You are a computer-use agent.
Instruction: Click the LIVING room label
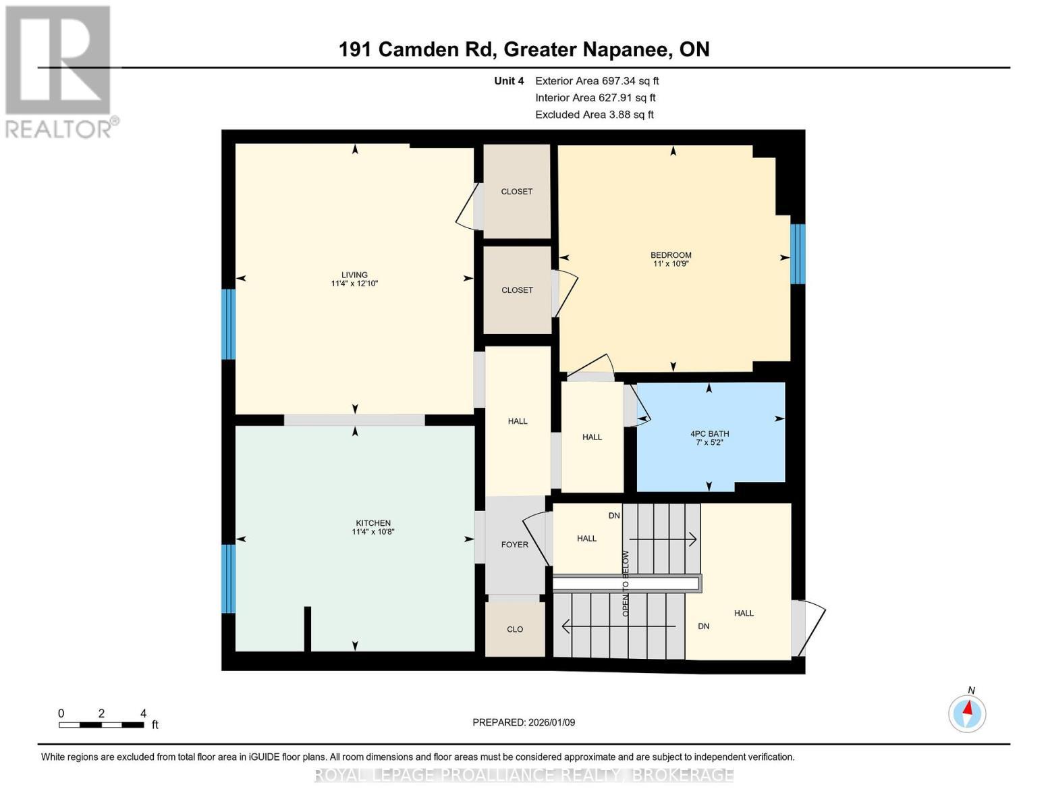point(354,275)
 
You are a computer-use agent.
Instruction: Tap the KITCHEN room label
point(373,523)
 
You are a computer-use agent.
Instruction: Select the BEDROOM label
point(671,255)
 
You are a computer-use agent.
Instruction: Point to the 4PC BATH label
point(709,434)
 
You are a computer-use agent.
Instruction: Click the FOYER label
point(514,545)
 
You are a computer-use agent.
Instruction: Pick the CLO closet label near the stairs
point(515,629)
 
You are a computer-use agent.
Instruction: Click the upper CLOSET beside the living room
point(517,192)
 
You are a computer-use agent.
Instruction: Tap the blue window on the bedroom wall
point(798,254)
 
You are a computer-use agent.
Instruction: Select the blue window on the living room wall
point(229,324)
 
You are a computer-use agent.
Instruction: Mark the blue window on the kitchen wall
point(229,578)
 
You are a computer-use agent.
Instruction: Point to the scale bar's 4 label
point(143,713)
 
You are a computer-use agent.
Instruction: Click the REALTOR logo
point(59,71)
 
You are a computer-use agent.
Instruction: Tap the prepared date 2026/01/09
point(551,722)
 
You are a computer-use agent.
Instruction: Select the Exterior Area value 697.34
point(619,81)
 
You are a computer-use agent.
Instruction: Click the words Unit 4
point(509,81)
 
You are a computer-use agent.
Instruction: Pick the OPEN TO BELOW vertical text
point(626,583)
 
